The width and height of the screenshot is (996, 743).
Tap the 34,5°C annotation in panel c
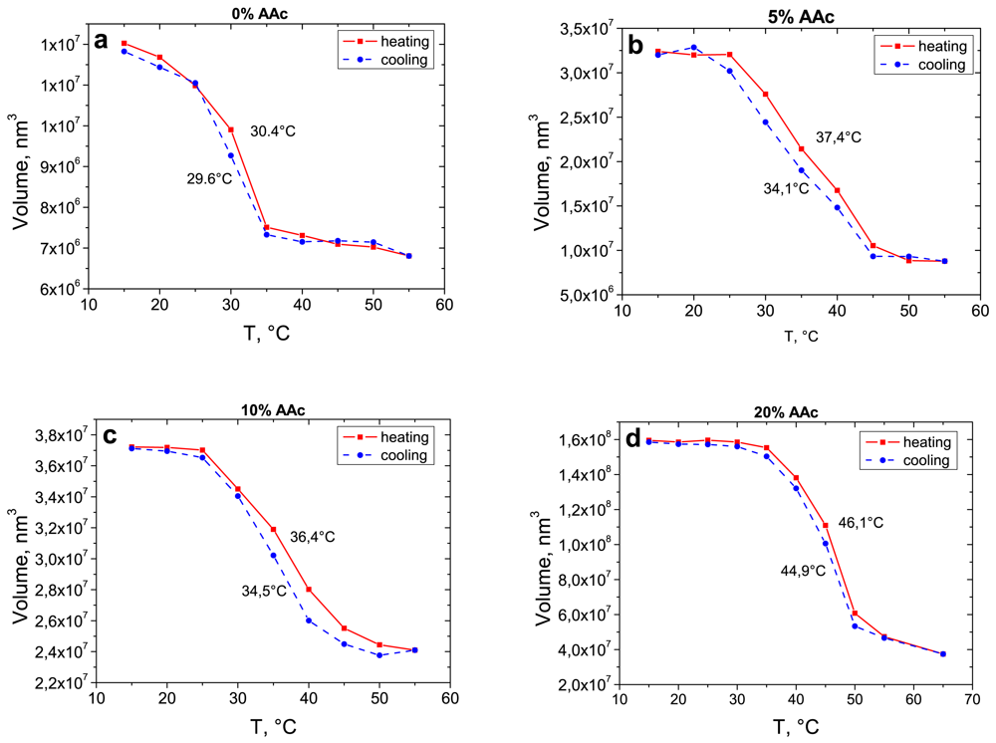pyautogui.click(x=263, y=591)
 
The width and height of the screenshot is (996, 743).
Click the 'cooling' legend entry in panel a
pyautogui.click(x=402, y=60)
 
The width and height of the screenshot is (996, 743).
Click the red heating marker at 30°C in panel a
pyautogui.click(x=231, y=129)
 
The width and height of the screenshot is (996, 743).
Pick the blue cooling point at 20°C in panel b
pyautogui.click(x=694, y=48)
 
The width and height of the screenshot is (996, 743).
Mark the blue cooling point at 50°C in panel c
pyautogui.click(x=379, y=655)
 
